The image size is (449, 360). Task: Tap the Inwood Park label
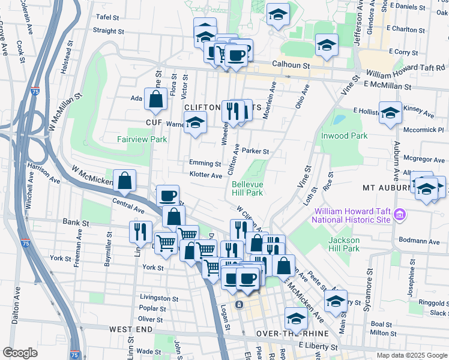point(344,136)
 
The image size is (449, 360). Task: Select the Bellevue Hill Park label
point(247,188)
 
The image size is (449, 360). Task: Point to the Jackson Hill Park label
point(343,244)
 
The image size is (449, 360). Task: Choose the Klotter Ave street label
point(206,175)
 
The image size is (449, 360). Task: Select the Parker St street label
point(255,152)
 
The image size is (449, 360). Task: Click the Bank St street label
point(76,222)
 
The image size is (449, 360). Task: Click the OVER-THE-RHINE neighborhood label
point(292,334)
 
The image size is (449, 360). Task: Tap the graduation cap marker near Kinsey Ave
point(390,112)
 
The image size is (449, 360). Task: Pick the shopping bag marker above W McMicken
point(124,181)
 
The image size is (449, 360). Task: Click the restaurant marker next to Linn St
point(140,232)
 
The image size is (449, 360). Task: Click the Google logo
point(20,353)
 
